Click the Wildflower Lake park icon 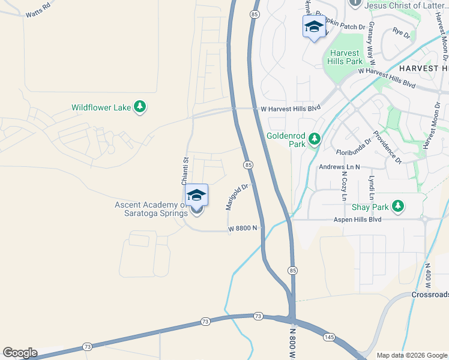(140, 107)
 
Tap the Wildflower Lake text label (101, 108)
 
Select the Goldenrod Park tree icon (314, 140)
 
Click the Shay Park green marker (397, 207)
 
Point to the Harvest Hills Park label (345, 57)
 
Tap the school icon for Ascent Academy (196, 196)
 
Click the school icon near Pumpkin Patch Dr (314, 27)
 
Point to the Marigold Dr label (237, 197)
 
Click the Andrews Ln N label (339, 166)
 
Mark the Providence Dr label (387, 147)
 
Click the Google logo (20, 353)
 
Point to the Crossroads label (430, 295)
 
